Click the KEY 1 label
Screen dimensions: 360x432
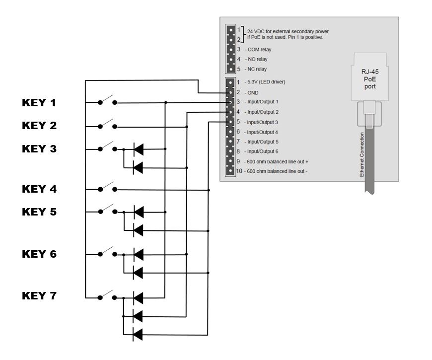pyautogui.click(x=39, y=103)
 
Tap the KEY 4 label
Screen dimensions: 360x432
pyautogui.click(x=39, y=189)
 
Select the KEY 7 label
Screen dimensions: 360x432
pyautogui.click(x=39, y=296)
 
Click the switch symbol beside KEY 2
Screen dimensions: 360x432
pyautogui.click(x=107, y=125)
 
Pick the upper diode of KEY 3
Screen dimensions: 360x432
pyautogui.click(x=139, y=148)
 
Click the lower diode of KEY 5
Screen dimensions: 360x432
pyautogui.click(x=139, y=230)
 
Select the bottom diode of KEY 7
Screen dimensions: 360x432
pyautogui.click(x=139, y=334)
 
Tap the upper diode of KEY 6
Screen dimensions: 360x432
pyautogui.click(x=139, y=254)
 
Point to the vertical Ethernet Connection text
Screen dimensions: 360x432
pyautogui.click(x=362, y=154)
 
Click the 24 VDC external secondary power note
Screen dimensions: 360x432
pyautogui.click(x=288, y=34)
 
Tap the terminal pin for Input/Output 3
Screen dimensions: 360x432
pyautogui.click(x=230, y=122)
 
